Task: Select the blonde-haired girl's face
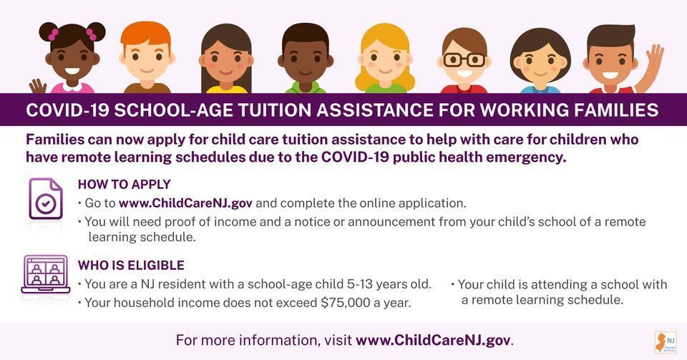[x=386, y=61]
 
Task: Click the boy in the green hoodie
[x=305, y=61]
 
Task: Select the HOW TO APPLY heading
[x=124, y=185]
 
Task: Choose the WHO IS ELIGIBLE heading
[x=131, y=266]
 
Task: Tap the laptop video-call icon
[x=45, y=275]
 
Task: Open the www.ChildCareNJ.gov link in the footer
[x=433, y=340]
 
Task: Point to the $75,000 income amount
[x=345, y=303]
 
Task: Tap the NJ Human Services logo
[x=664, y=340]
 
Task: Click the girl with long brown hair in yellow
[x=225, y=61]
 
